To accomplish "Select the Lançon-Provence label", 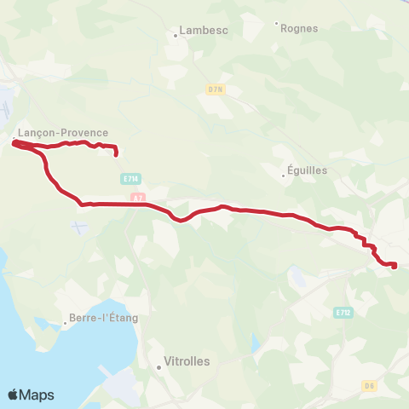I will point(63,133).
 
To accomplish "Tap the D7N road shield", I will point(214,88).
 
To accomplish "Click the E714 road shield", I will point(130,178).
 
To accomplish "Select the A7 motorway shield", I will point(138,197).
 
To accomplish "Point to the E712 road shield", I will point(343,312).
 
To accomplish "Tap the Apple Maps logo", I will point(31,395).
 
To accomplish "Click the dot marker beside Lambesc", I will point(175,35).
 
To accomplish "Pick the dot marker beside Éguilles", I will point(284,176).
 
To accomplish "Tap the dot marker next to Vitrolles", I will point(159,367).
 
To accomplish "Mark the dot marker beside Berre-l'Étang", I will point(65,323).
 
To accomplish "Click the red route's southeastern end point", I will point(395,266).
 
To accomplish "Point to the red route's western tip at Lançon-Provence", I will point(14,144).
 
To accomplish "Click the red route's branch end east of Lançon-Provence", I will point(115,156).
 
